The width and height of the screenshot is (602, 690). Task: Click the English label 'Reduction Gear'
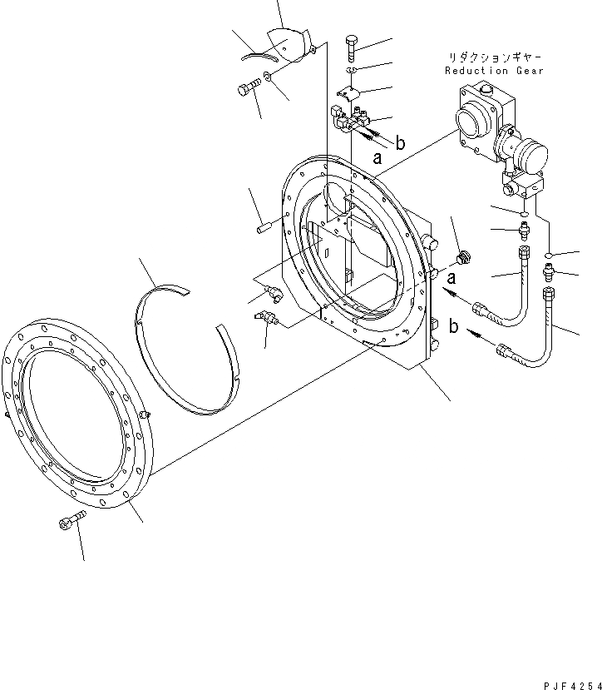point(493,71)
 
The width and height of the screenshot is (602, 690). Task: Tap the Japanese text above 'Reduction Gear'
point(495,56)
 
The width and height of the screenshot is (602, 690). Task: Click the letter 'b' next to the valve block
point(401,143)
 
